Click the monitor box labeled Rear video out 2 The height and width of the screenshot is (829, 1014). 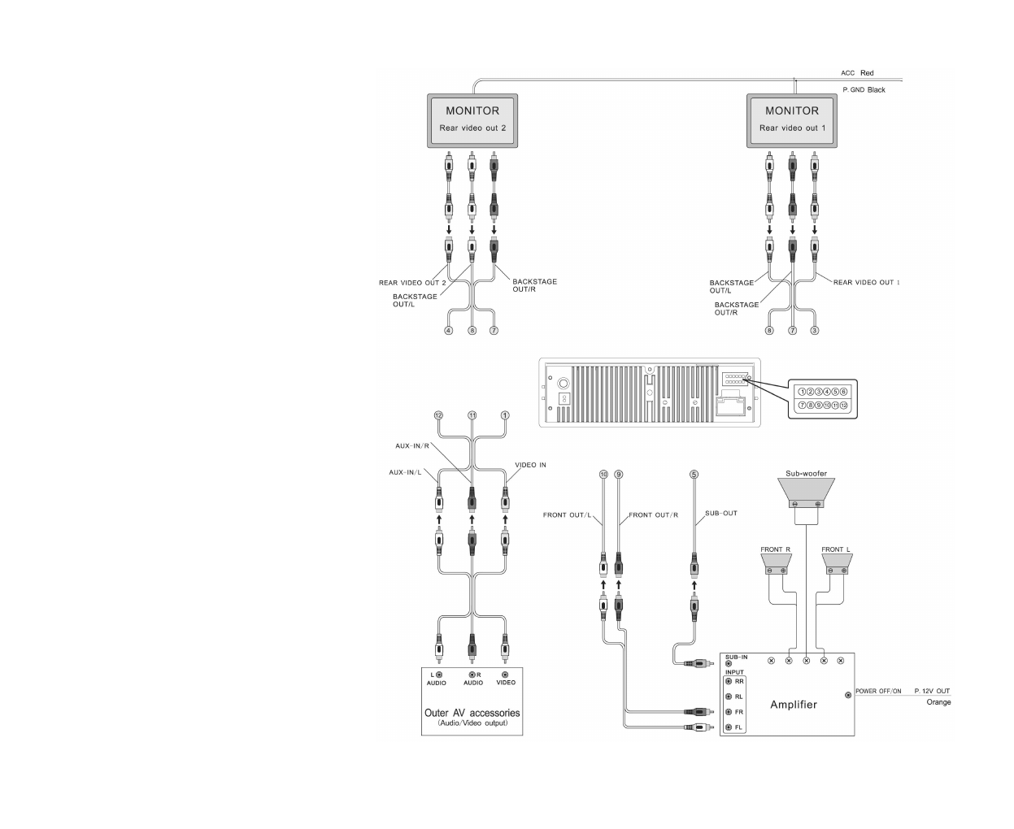tap(472, 120)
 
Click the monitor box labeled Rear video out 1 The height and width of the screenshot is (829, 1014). tap(792, 120)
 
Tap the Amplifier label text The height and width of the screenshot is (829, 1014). tap(794, 705)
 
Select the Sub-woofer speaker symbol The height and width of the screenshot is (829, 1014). tap(806, 492)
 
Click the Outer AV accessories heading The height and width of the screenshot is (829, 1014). tap(472, 713)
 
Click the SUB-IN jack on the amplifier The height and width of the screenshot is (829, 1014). tap(729, 664)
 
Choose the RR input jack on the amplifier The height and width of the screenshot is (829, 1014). tap(729, 681)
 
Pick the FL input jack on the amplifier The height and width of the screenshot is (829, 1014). tap(729, 727)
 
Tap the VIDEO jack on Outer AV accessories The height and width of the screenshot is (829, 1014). tap(505, 675)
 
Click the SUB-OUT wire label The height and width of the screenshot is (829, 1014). tap(720, 513)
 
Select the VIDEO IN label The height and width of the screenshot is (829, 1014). tap(530, 465)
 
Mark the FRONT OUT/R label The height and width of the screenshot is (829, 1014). tap(653, 515)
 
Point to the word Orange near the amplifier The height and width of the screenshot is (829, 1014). tap(938, 702)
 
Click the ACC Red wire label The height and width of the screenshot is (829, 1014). tap(857, 73)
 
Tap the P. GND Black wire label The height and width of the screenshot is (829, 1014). tap(864, 90)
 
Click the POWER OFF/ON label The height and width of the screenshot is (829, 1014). tap(878, 692)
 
